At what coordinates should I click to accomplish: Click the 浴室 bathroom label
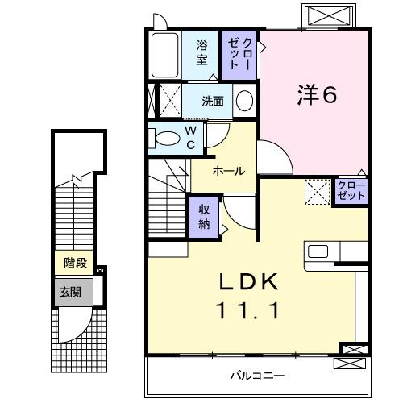(202, 52)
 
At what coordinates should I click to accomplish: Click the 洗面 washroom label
(213, 102)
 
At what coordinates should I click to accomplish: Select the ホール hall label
(229, 172)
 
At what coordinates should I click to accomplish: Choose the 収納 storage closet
(205, 215)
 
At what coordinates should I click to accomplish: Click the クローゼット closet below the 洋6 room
(351, 192)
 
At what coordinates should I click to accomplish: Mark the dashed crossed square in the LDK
(317, 192)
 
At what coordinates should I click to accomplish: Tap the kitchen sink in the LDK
(317, 252)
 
